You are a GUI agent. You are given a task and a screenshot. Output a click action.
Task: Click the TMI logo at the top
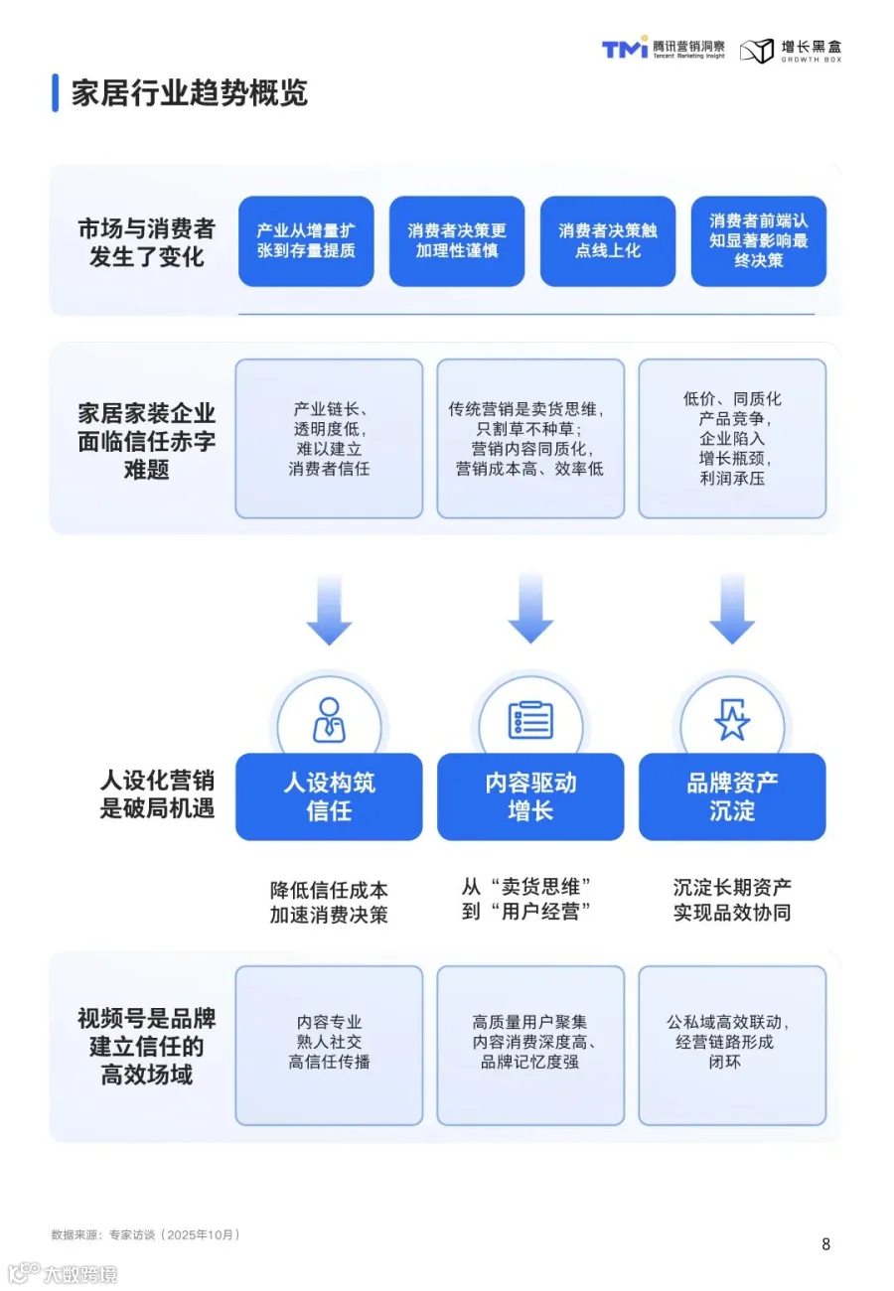pos(625,48)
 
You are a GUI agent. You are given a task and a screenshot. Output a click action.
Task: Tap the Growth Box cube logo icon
pos(756,51)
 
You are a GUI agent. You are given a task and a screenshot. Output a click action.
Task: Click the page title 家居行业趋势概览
pos(189,92)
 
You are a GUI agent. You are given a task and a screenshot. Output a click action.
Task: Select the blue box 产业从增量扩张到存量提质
pos(306,241)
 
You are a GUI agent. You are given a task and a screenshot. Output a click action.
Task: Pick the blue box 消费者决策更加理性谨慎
pos(457,241)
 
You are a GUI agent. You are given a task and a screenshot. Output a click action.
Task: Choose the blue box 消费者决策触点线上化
pos(608,241)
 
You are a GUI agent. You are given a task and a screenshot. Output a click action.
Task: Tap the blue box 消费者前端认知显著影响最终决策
pos(759,241)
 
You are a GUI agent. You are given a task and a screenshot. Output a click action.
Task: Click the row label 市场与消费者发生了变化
pos(146,242)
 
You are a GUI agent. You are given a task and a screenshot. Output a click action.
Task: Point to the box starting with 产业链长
pos(329,439)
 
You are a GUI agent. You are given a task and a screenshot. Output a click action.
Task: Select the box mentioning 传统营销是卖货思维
pos(530,439)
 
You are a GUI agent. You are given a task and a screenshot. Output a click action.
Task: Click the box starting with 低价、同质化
pos(732,439)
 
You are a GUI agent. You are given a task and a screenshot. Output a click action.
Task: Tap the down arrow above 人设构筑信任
pos(329,609)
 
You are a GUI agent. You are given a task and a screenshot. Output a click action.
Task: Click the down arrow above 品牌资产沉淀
pos(732,609)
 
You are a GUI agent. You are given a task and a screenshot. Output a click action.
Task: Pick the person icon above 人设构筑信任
pos(329,720)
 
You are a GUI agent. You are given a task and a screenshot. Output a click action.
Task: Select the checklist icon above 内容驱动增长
pos(530,720)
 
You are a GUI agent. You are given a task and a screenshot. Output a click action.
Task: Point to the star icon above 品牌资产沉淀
pos(732,720)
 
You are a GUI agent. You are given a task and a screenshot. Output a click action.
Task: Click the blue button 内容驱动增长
pos(530,796)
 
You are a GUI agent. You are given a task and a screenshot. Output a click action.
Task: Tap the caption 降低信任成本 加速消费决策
pos(329,902)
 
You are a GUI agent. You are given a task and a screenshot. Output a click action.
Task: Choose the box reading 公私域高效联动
pos(732,1046)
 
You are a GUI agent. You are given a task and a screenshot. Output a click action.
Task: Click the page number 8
pos(826,1243)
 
